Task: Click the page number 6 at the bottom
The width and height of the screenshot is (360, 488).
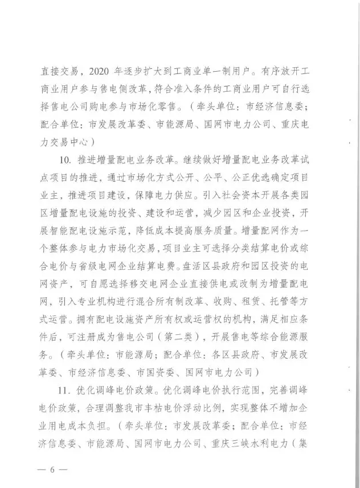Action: [51, 470]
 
